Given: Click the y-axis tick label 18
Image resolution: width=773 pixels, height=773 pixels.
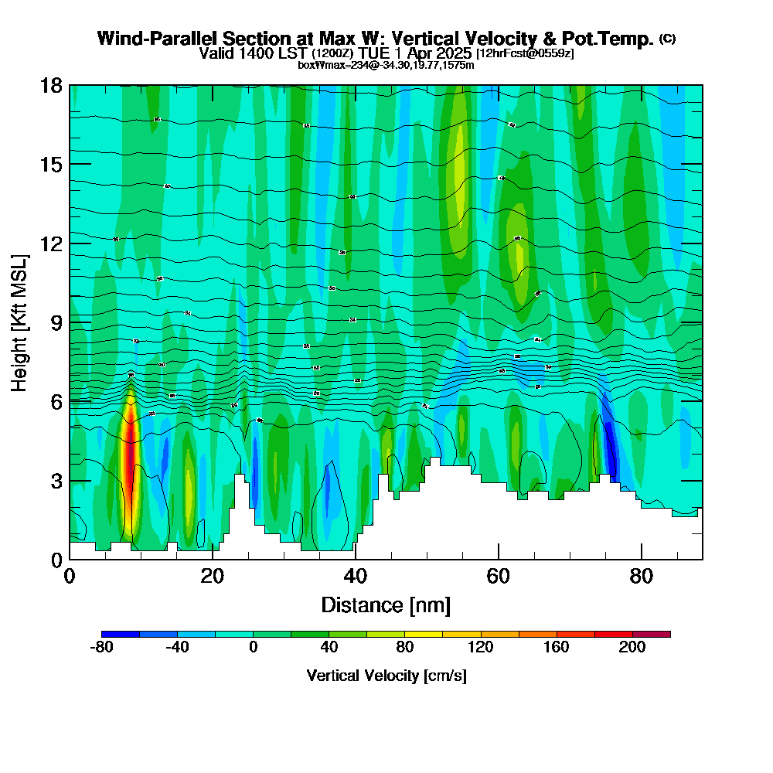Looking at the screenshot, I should pos(51,85).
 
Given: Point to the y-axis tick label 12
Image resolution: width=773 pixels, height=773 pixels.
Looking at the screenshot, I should pos(51,243).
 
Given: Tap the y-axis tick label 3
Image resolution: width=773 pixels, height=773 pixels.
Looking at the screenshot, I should pos(56,480).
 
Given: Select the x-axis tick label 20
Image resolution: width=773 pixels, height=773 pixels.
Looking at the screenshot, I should pos(212,576).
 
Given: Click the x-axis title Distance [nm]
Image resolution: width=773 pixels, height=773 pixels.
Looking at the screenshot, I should pos(386,604).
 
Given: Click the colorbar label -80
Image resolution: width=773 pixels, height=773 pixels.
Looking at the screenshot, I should pos(102,648).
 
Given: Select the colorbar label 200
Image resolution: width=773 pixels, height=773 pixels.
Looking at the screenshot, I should pos(632,648).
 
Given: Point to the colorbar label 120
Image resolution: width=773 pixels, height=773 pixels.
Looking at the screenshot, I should pos(481,648).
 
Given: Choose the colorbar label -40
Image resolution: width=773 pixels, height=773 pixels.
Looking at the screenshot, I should pos(177,648).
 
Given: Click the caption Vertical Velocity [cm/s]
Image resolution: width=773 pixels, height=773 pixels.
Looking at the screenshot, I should pos(386,676).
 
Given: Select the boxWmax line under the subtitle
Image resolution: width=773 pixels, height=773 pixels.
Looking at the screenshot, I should pos(386,65).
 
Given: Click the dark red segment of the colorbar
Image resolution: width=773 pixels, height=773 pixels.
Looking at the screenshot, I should pos(651,634).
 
